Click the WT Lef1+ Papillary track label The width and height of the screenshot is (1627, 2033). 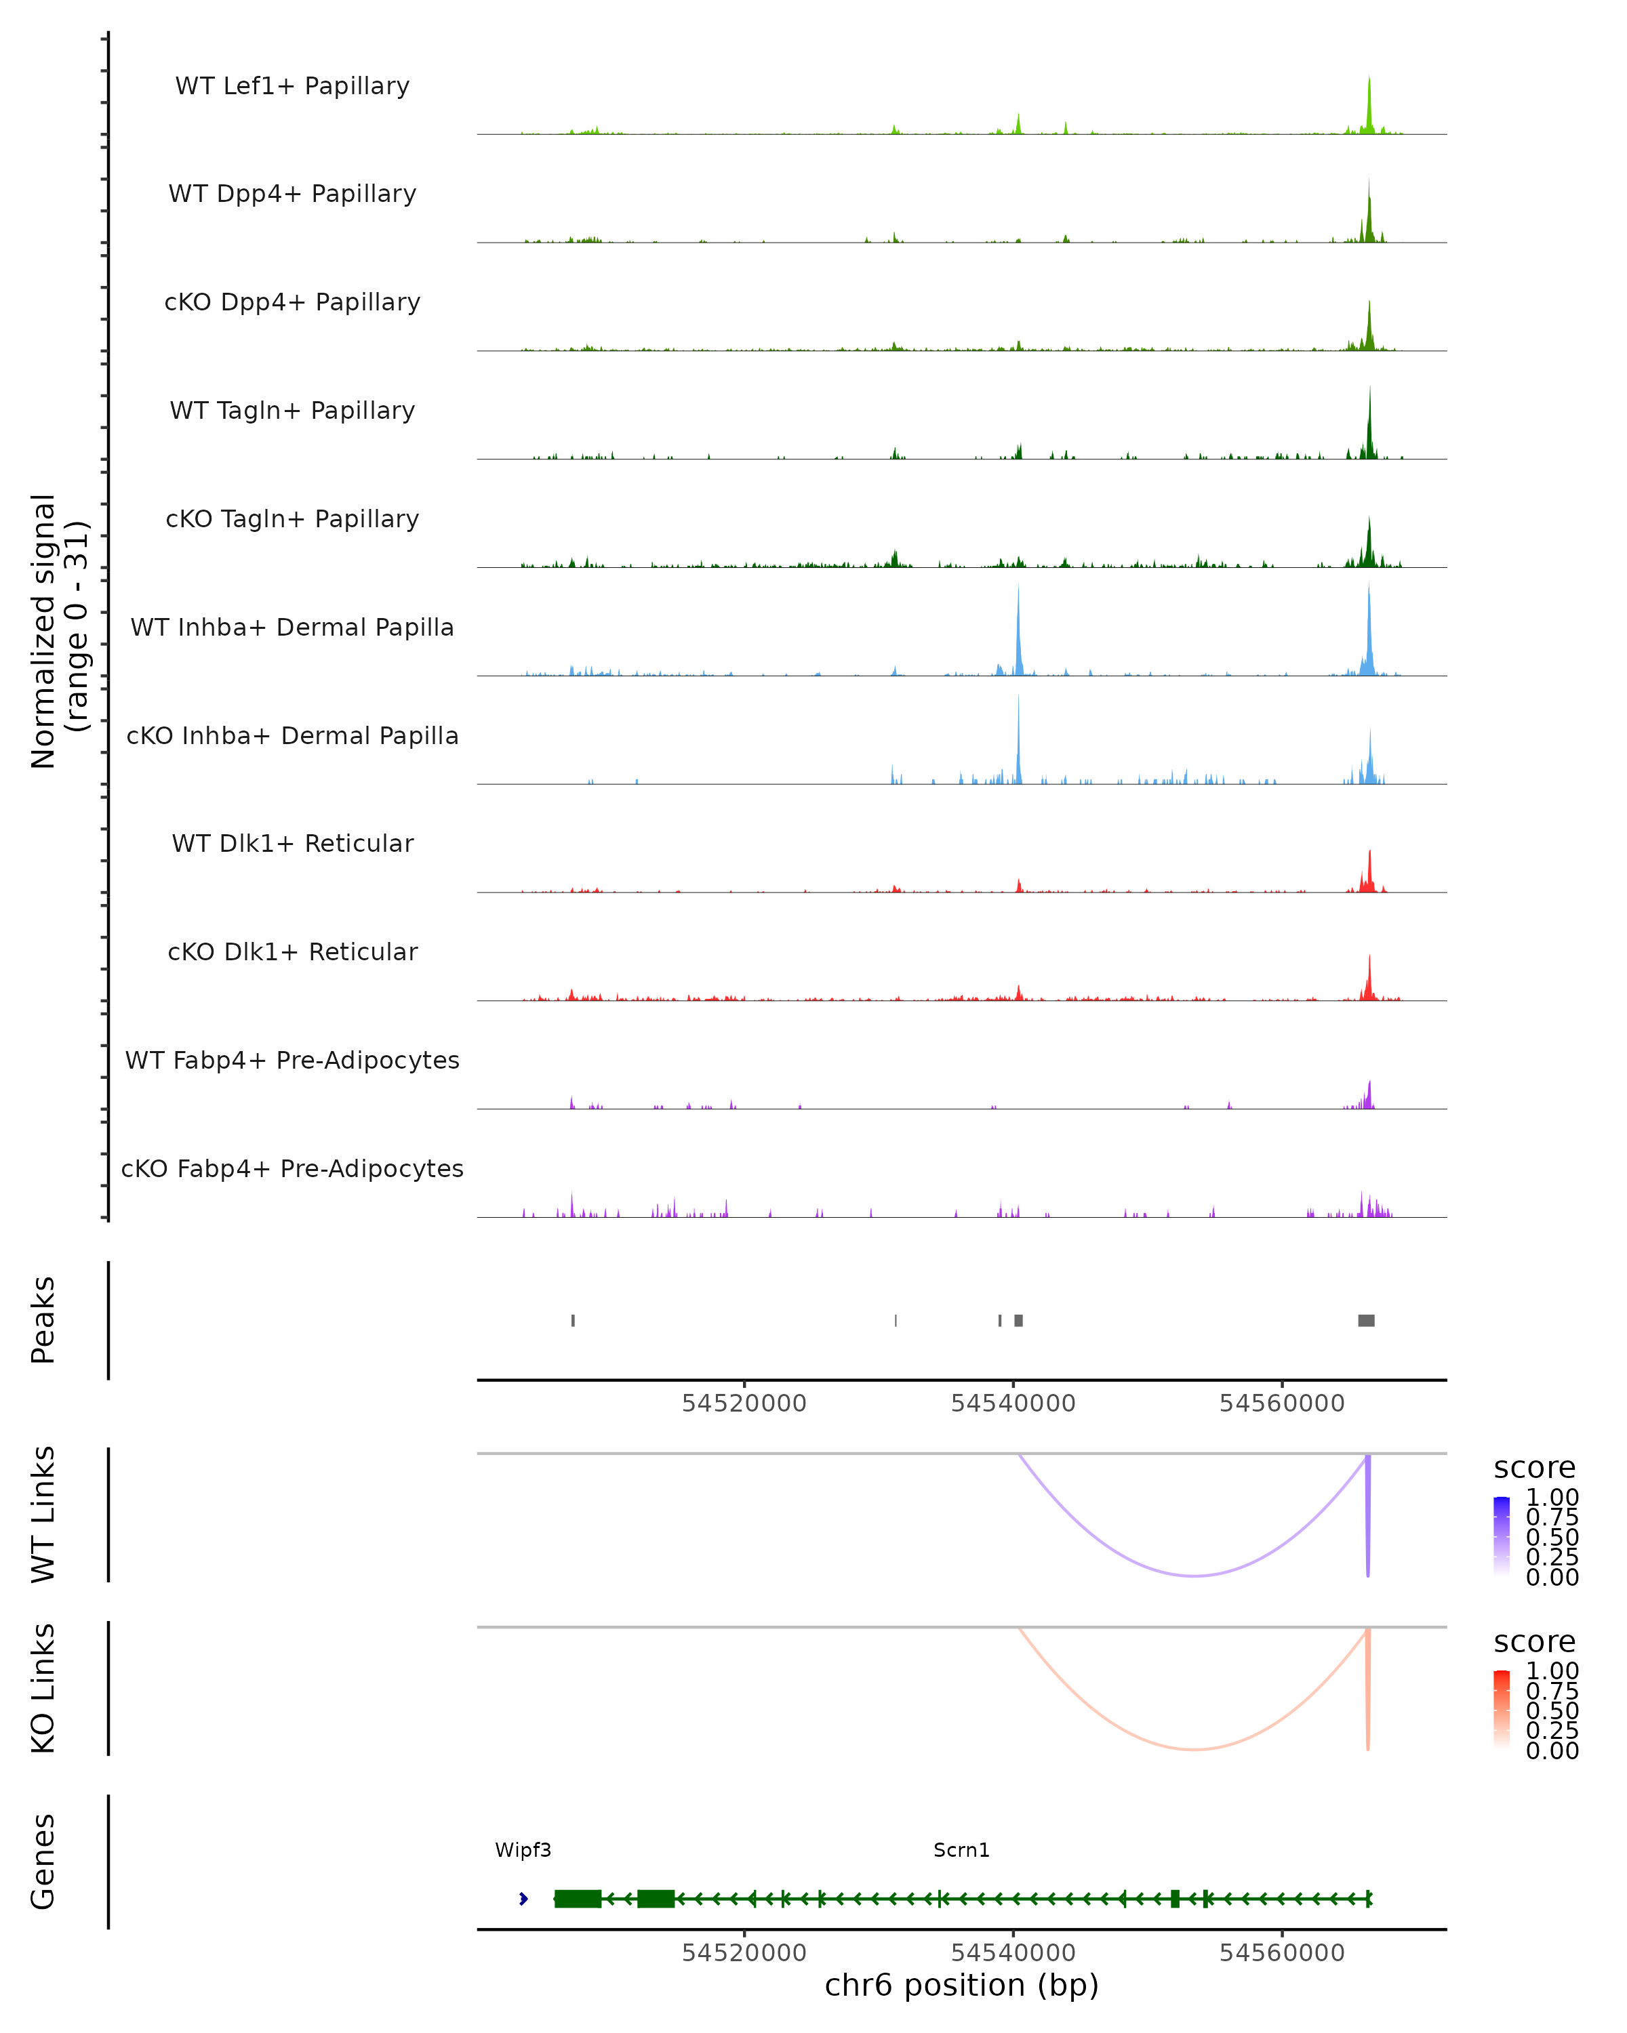(x=292, y=86)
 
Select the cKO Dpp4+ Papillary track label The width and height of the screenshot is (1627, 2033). (x=292, y=303)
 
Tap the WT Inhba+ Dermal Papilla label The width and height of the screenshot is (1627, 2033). (x=292, y=628)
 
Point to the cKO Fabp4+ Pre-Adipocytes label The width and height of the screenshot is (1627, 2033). (x=292, y=1169)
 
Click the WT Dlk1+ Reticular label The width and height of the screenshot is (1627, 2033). (x=292, y=844)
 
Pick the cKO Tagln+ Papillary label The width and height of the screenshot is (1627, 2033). (x=292, y=520)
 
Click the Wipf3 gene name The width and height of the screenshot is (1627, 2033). (x=523, y=1850)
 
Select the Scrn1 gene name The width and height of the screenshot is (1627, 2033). (x=961, y=1850)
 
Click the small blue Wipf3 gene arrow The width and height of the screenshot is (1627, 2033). (x=523, y=1898)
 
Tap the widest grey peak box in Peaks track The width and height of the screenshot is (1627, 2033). (x=1366, y=1320)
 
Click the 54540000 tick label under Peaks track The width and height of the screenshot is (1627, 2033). (x=1013, y=1403)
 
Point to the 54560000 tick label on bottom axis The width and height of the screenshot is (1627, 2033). (x=1282, y=1953)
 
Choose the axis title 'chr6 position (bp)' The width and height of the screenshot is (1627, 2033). (x=961, y=1986)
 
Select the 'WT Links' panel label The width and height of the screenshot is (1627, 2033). (x=43, y=1515)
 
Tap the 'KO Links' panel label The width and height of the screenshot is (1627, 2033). (x=43, y=1688)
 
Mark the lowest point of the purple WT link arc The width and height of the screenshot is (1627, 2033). (x=1194, y=1576)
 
